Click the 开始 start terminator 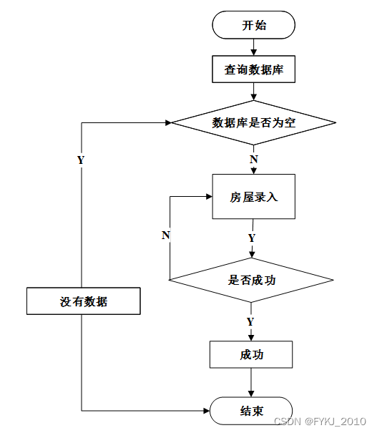(253, 25)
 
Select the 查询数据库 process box (253, 69)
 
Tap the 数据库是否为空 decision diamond (253, 122)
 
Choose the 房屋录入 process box (253, 196)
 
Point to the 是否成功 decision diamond (251, 280)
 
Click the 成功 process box (251, 354)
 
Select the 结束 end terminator (251, 411)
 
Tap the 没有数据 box (84, 301)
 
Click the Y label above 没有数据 (81, 160)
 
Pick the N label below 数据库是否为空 (254, 160)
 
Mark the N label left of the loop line (165, 235)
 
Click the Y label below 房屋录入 (252, 238)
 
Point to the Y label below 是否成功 (250, 322)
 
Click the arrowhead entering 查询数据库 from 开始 (254, 52)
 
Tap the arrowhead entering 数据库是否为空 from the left (168, 122)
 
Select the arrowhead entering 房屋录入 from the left (209, 196)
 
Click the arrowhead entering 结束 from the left (207, 411)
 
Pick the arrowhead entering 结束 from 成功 (251, 394)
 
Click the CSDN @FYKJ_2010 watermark (320, 422)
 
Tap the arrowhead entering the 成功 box (251, 338)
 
